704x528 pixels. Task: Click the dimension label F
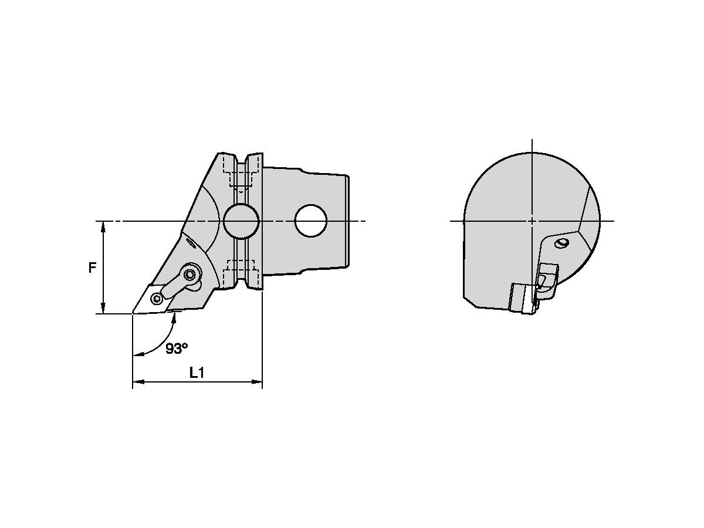92,268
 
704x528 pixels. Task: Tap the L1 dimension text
197,372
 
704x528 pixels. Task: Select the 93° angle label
176,348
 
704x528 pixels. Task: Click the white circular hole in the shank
311,221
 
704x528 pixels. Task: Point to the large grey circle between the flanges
241,221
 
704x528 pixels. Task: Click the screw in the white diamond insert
156,299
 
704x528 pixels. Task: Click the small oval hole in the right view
563,243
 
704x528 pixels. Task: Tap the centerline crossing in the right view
532,221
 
